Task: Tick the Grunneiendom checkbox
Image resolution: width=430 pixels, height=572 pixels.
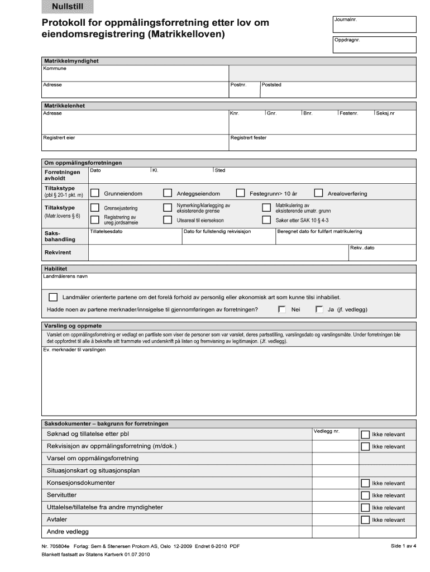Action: (x=95, y=193)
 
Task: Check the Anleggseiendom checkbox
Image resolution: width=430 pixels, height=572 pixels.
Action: (x=168, y=193)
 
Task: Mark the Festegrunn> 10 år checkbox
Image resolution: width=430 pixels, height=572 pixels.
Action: (x=240, y=193)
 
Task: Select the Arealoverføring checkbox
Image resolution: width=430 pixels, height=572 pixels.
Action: (x=318, y=193)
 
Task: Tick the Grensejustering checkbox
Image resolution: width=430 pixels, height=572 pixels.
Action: (x=95, y=208)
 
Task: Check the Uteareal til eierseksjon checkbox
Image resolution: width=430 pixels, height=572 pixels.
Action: (x=168, y=220)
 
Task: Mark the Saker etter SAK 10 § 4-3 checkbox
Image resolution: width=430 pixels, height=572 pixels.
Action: (x=266, y=220)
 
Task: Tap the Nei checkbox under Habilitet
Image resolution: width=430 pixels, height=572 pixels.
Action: (x=282, y=309)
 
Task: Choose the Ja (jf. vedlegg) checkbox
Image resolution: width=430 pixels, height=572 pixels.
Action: (x=319, y=309)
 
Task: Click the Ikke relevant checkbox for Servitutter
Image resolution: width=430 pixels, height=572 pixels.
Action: (x=365, y=495)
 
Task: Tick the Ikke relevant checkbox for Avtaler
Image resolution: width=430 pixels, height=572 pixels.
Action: (x=365, y=520)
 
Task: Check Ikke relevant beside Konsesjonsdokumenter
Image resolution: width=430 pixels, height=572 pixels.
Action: (x=365, y=483)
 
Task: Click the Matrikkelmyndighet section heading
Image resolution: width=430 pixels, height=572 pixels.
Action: (x=71, y=61)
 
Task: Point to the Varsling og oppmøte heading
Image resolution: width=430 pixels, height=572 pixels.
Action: (x=73, y=326)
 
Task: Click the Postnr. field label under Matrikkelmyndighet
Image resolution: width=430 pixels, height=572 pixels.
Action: (x=238, y=85)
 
